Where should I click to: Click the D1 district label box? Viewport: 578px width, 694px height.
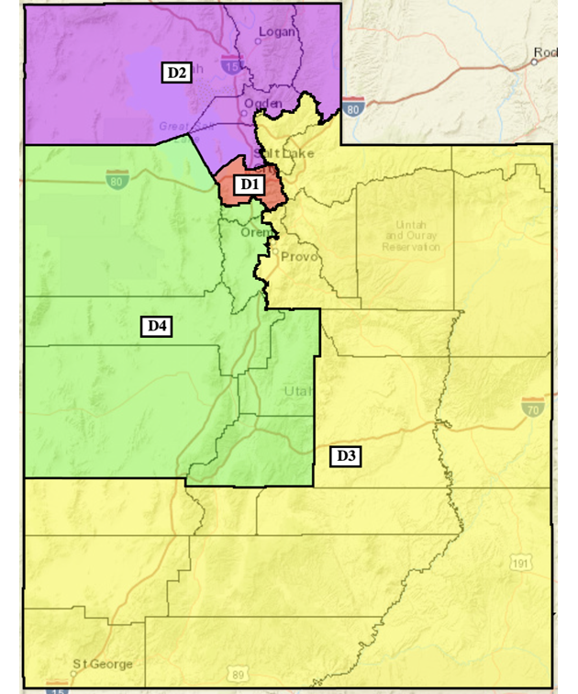click(249, 185)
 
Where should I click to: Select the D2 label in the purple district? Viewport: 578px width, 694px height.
click(176, 72)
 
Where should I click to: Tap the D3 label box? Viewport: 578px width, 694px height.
click(345, 455)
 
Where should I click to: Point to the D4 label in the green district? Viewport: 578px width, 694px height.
click(156, 325)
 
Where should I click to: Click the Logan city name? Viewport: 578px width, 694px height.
click(274, 32)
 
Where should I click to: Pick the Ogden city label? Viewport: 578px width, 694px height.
click(263, 104)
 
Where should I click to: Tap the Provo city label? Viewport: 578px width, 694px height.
click(300, 256)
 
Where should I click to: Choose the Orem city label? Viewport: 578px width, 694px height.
click(256, 233)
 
